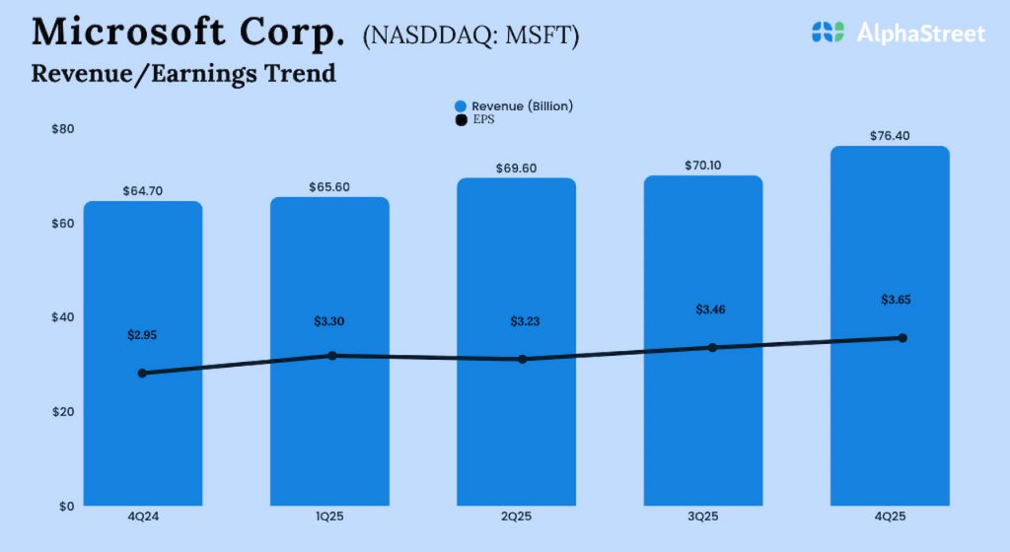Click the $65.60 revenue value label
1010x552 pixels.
pyautogui.click(x=330, y=186)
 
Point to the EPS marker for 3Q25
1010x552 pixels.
pyautogui.click(x=712, y=347)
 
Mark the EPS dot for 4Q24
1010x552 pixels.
pyautogui.click(x=142, y=374)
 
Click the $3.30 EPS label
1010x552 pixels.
pyautogui.click(x=330, y=320)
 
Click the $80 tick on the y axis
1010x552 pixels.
pyautogui.click(x=63, y=129)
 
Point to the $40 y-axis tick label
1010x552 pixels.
pyautogui.click(x=63, y=317)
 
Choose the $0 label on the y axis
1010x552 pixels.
pyautogui.click(x=66, y=506)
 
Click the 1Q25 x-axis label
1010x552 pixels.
pyautogui.click(x=330, y=517)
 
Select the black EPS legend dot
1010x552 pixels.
pyautogui.click(x=461, y=120)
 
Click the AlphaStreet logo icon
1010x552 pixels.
pyautogui.click(x=829, y=33)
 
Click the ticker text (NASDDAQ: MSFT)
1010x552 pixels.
pyautogui.click(x=471, y=35)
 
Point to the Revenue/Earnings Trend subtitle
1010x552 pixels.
pyautogui.click(x=183, y=74)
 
